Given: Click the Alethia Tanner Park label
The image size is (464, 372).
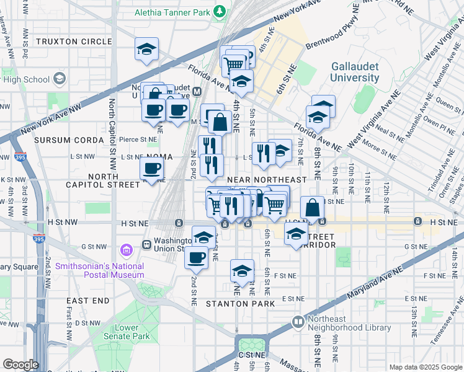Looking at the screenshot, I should tap(172, 11).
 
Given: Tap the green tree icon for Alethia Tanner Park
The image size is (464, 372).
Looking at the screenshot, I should tap(219, 11).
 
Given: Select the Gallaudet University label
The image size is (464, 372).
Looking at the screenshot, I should tap(354, 72).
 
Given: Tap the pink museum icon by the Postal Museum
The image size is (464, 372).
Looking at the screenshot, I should tap(127, 250).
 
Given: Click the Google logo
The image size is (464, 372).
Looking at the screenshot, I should tap(20, 365).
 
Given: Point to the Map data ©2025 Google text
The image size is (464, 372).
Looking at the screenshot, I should tap(425, 367).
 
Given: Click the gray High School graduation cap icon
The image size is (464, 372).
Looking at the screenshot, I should tap(60, 79).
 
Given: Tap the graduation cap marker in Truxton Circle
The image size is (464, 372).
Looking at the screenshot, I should tap(147, 50).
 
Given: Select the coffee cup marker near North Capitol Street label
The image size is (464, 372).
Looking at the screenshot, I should tap(152, 169).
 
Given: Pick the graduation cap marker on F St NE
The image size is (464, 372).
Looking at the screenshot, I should tap(242, 270).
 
